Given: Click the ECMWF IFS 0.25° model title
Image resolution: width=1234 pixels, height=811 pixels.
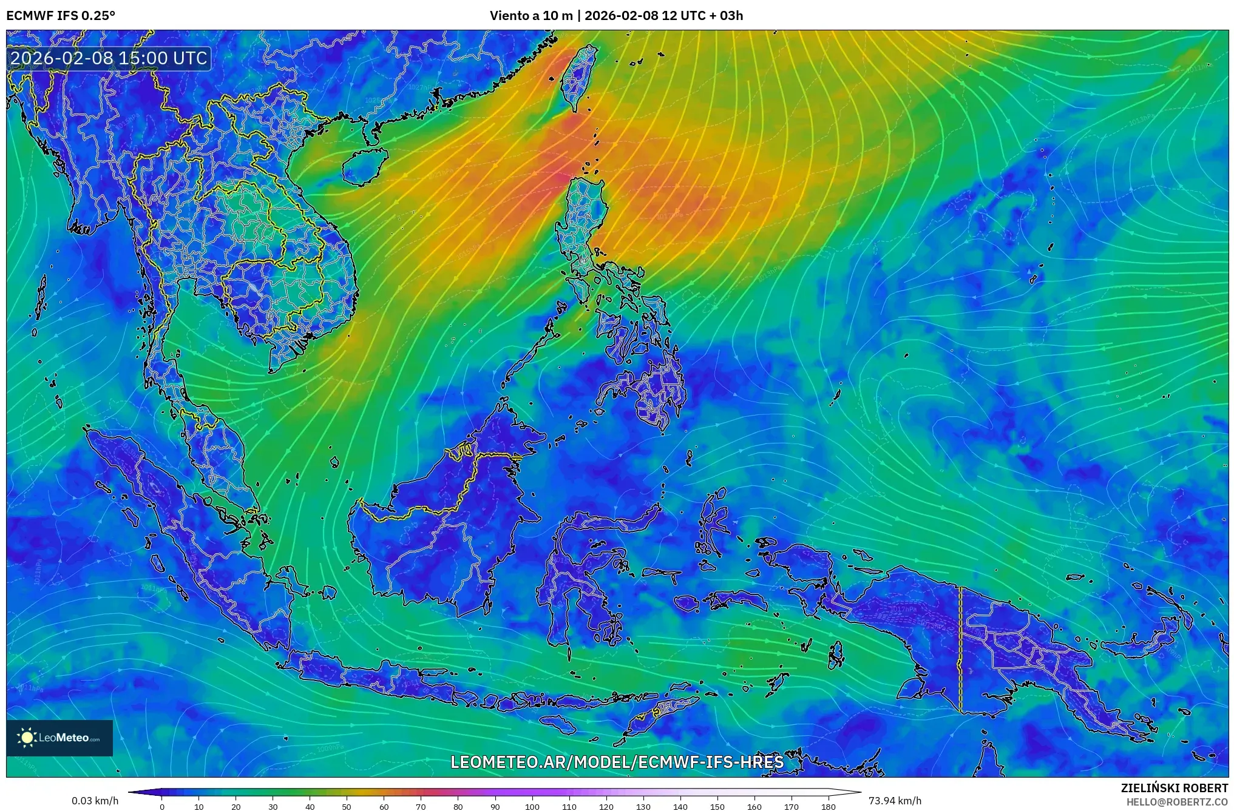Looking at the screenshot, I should [61, 15].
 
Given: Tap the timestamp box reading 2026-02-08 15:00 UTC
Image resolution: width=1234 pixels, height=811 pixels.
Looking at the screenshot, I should [109, 58].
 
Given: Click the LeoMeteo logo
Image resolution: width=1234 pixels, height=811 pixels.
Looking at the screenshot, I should [59, 738].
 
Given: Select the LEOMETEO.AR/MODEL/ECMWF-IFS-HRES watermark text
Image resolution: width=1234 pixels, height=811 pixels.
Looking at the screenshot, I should [617, 762].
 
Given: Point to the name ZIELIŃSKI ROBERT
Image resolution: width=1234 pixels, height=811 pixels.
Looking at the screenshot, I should [1174, 788].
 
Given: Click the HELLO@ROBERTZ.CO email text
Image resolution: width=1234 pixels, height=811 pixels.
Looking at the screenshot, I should [1177, 802].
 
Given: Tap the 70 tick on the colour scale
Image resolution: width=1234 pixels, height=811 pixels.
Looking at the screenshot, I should [421, 806].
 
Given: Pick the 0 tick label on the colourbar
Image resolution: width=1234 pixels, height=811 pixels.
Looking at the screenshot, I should [161, 806].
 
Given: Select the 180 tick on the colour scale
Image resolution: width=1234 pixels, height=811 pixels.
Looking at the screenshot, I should [829, 806].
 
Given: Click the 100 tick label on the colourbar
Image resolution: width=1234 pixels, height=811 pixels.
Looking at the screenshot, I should [532, 806].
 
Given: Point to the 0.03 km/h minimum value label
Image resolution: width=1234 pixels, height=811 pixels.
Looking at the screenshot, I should [95, 801].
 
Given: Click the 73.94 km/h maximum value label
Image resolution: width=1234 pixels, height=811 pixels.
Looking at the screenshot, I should [895, 801].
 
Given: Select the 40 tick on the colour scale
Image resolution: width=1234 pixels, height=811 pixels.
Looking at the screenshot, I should [310, 806].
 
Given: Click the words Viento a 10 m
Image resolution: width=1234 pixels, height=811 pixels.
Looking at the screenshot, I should [531, 15].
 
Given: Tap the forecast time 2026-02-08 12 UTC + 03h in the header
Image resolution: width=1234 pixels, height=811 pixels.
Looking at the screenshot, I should [663, 15].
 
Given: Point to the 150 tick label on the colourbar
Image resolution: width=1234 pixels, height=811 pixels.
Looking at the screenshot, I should [717, 806].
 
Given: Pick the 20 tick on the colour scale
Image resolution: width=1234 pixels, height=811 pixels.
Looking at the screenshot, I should [236, 806].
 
